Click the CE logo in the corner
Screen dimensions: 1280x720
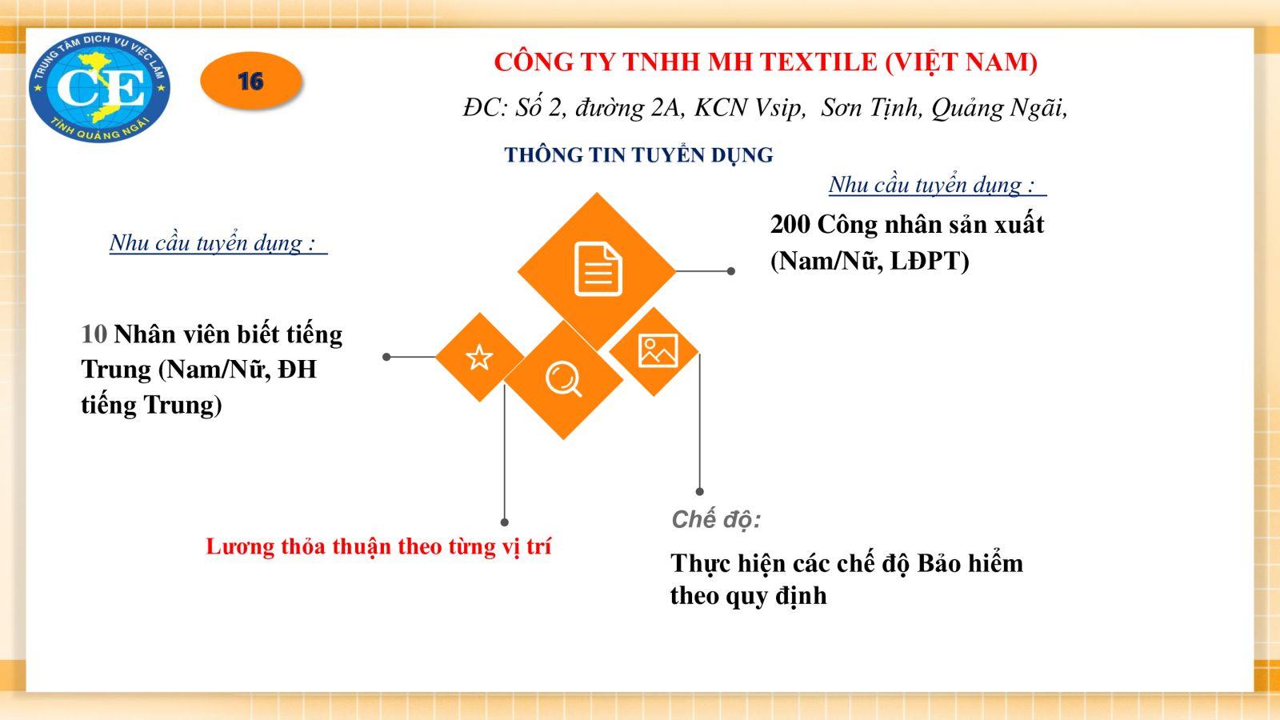click(x=99, y=87)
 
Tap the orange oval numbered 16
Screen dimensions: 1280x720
click(x=251, y=81)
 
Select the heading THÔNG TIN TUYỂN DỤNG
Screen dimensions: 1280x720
click(x=638, y=155)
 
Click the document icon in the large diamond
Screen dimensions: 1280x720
click(x=598, y=269)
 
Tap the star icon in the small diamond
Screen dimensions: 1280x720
click(x=479, y=358)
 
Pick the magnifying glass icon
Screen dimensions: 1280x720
click(x=563, y=380)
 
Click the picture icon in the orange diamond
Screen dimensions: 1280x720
click(x=658, y=350)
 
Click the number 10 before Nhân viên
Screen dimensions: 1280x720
click(x=94, y=335)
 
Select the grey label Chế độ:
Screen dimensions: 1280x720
click(x=716, y=520)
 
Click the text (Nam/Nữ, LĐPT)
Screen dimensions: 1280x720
click(x=870, y=261)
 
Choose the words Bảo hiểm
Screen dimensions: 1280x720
click(x=970, y=563)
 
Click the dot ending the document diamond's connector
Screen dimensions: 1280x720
click(x=731, y=271)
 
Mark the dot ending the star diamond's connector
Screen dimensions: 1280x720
click(x=387, y=357)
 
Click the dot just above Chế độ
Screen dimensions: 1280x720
click(x=699, y=491)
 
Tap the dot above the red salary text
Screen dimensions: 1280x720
click(x=505, y=522)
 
